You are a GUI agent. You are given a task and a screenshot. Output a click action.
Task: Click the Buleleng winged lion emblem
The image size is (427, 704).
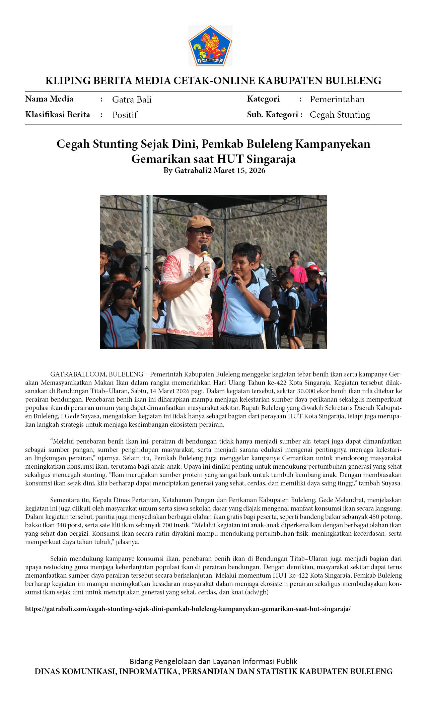click(x=210, y=46)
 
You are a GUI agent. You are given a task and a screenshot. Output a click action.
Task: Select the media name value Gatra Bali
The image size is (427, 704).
click(x=132, y=100)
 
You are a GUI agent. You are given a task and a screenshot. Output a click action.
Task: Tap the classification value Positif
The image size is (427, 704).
click(x=125, y=115)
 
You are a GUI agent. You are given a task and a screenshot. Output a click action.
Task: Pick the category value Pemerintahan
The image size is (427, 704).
click(x=337, y=99)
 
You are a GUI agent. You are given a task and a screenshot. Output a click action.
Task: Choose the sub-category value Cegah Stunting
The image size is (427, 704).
click(x=340, y=115)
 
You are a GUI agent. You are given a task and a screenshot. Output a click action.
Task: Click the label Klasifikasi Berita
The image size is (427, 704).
click(x=58, y=115)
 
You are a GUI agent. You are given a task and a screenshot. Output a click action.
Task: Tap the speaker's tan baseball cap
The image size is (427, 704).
click(x=200, y=222)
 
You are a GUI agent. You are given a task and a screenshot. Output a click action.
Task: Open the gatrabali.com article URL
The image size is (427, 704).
click(x=188, y=609)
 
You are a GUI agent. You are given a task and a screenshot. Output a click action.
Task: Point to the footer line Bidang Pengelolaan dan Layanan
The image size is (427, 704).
click(x=213, y=661)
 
